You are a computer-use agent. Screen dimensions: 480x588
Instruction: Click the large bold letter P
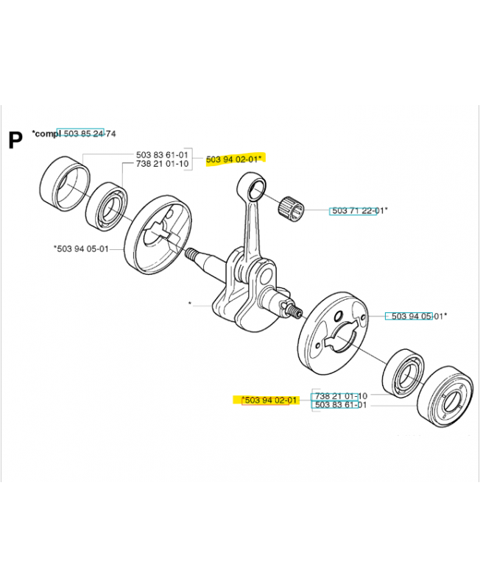(15, 140)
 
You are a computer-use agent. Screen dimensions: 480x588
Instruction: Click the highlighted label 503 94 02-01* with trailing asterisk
(233, 159)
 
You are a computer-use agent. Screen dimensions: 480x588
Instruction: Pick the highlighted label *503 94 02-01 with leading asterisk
(269, 400)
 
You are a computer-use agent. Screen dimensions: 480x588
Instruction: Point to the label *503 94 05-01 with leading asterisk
(81, 248)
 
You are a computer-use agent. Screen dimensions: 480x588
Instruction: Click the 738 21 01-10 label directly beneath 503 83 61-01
(162, 164)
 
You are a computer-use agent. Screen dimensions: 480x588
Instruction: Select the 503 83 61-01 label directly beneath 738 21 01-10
(341, 405)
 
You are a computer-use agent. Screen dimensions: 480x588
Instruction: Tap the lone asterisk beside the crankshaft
(191, 303)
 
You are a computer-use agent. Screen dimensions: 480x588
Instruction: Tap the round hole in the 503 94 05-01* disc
(339, 316)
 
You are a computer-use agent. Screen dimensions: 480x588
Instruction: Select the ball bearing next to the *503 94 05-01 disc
(106, 207)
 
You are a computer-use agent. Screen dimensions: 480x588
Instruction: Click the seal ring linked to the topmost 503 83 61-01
(65, 184)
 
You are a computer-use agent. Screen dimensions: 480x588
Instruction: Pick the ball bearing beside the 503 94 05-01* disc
(403, 373)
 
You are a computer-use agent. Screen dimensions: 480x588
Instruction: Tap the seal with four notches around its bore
(445, 397)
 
